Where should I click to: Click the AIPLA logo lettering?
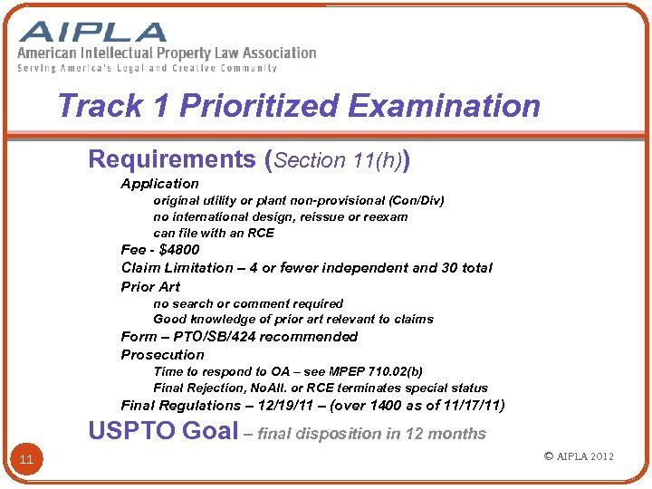click(x=94, y=32)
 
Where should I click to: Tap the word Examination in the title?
click(x=444, y=106)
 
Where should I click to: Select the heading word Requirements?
click(x=172, y=159)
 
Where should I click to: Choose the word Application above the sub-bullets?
click(x=159, y=183)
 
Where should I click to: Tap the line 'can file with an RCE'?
click(x=214, y=233)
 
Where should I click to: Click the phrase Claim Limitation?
click(x=177, y=267)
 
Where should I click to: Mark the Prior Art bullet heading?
click(x=150, y=286)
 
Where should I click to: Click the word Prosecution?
click(x=163, y=354)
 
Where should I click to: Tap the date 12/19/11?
click(x=288, y=405)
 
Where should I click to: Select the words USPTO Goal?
click(x=163, y=431)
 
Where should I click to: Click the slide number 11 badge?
click(x=26, y=460)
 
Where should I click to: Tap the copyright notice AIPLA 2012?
click(x=579, y=455)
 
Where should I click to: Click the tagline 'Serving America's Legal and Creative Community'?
click(x=147, y=68)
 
